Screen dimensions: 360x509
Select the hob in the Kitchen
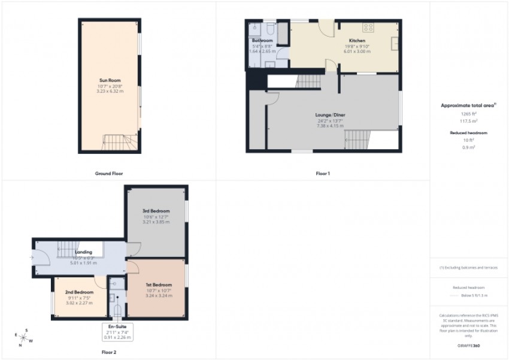click(369, 28)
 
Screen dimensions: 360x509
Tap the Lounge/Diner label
click(331, 114)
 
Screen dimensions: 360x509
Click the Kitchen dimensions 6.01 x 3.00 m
click(357, 52)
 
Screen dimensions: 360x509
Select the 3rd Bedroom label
click(156, 211)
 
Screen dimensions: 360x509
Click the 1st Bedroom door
click(133, 267)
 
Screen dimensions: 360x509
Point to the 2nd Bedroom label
click(80, 292)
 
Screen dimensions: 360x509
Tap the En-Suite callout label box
click(117, 331)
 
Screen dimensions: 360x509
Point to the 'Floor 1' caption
click(323, 174)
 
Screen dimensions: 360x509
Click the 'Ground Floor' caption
click(109, 174)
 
